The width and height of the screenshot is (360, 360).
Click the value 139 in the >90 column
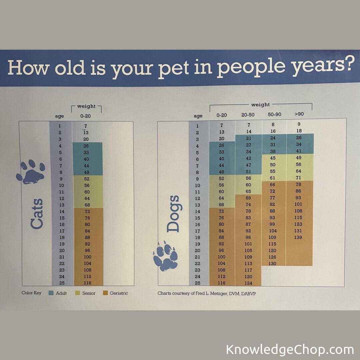[298, 237]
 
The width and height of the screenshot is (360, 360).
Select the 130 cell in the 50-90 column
[273, 264]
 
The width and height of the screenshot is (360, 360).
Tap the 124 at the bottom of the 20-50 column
[249, 283]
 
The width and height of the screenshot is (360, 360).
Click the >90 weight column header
[299, 114]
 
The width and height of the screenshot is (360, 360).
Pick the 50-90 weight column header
[275, 114]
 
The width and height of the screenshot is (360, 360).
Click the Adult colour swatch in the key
[51, 293]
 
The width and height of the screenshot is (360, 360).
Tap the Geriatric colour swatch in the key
[105, 293]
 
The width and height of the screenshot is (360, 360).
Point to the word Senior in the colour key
[89, 293]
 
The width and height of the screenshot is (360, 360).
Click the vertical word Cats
[37, 214]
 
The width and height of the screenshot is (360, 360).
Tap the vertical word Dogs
[173, 214]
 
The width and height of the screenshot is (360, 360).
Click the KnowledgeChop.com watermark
[290, 350]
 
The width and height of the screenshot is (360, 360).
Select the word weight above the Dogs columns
[260, 105]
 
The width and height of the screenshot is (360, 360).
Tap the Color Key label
[32, 293]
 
